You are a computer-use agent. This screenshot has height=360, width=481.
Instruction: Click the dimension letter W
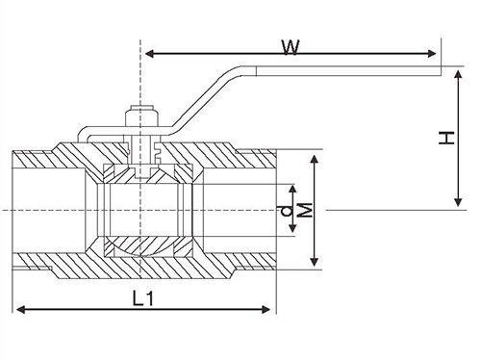point(291,47)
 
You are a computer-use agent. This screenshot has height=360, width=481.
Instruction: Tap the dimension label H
point(446,138)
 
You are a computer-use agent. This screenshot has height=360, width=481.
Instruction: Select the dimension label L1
point(143,298)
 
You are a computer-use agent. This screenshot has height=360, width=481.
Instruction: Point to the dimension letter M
point(305,210)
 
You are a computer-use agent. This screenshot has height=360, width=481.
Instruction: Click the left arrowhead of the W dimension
point(149,54)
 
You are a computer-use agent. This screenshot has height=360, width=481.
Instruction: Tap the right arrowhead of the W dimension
point(432,54)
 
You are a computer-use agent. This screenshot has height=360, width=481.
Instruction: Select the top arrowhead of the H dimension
point(458,75)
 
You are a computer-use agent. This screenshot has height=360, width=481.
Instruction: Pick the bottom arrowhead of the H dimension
point(458,201)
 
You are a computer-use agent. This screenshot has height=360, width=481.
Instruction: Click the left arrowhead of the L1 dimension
point(20,310)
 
